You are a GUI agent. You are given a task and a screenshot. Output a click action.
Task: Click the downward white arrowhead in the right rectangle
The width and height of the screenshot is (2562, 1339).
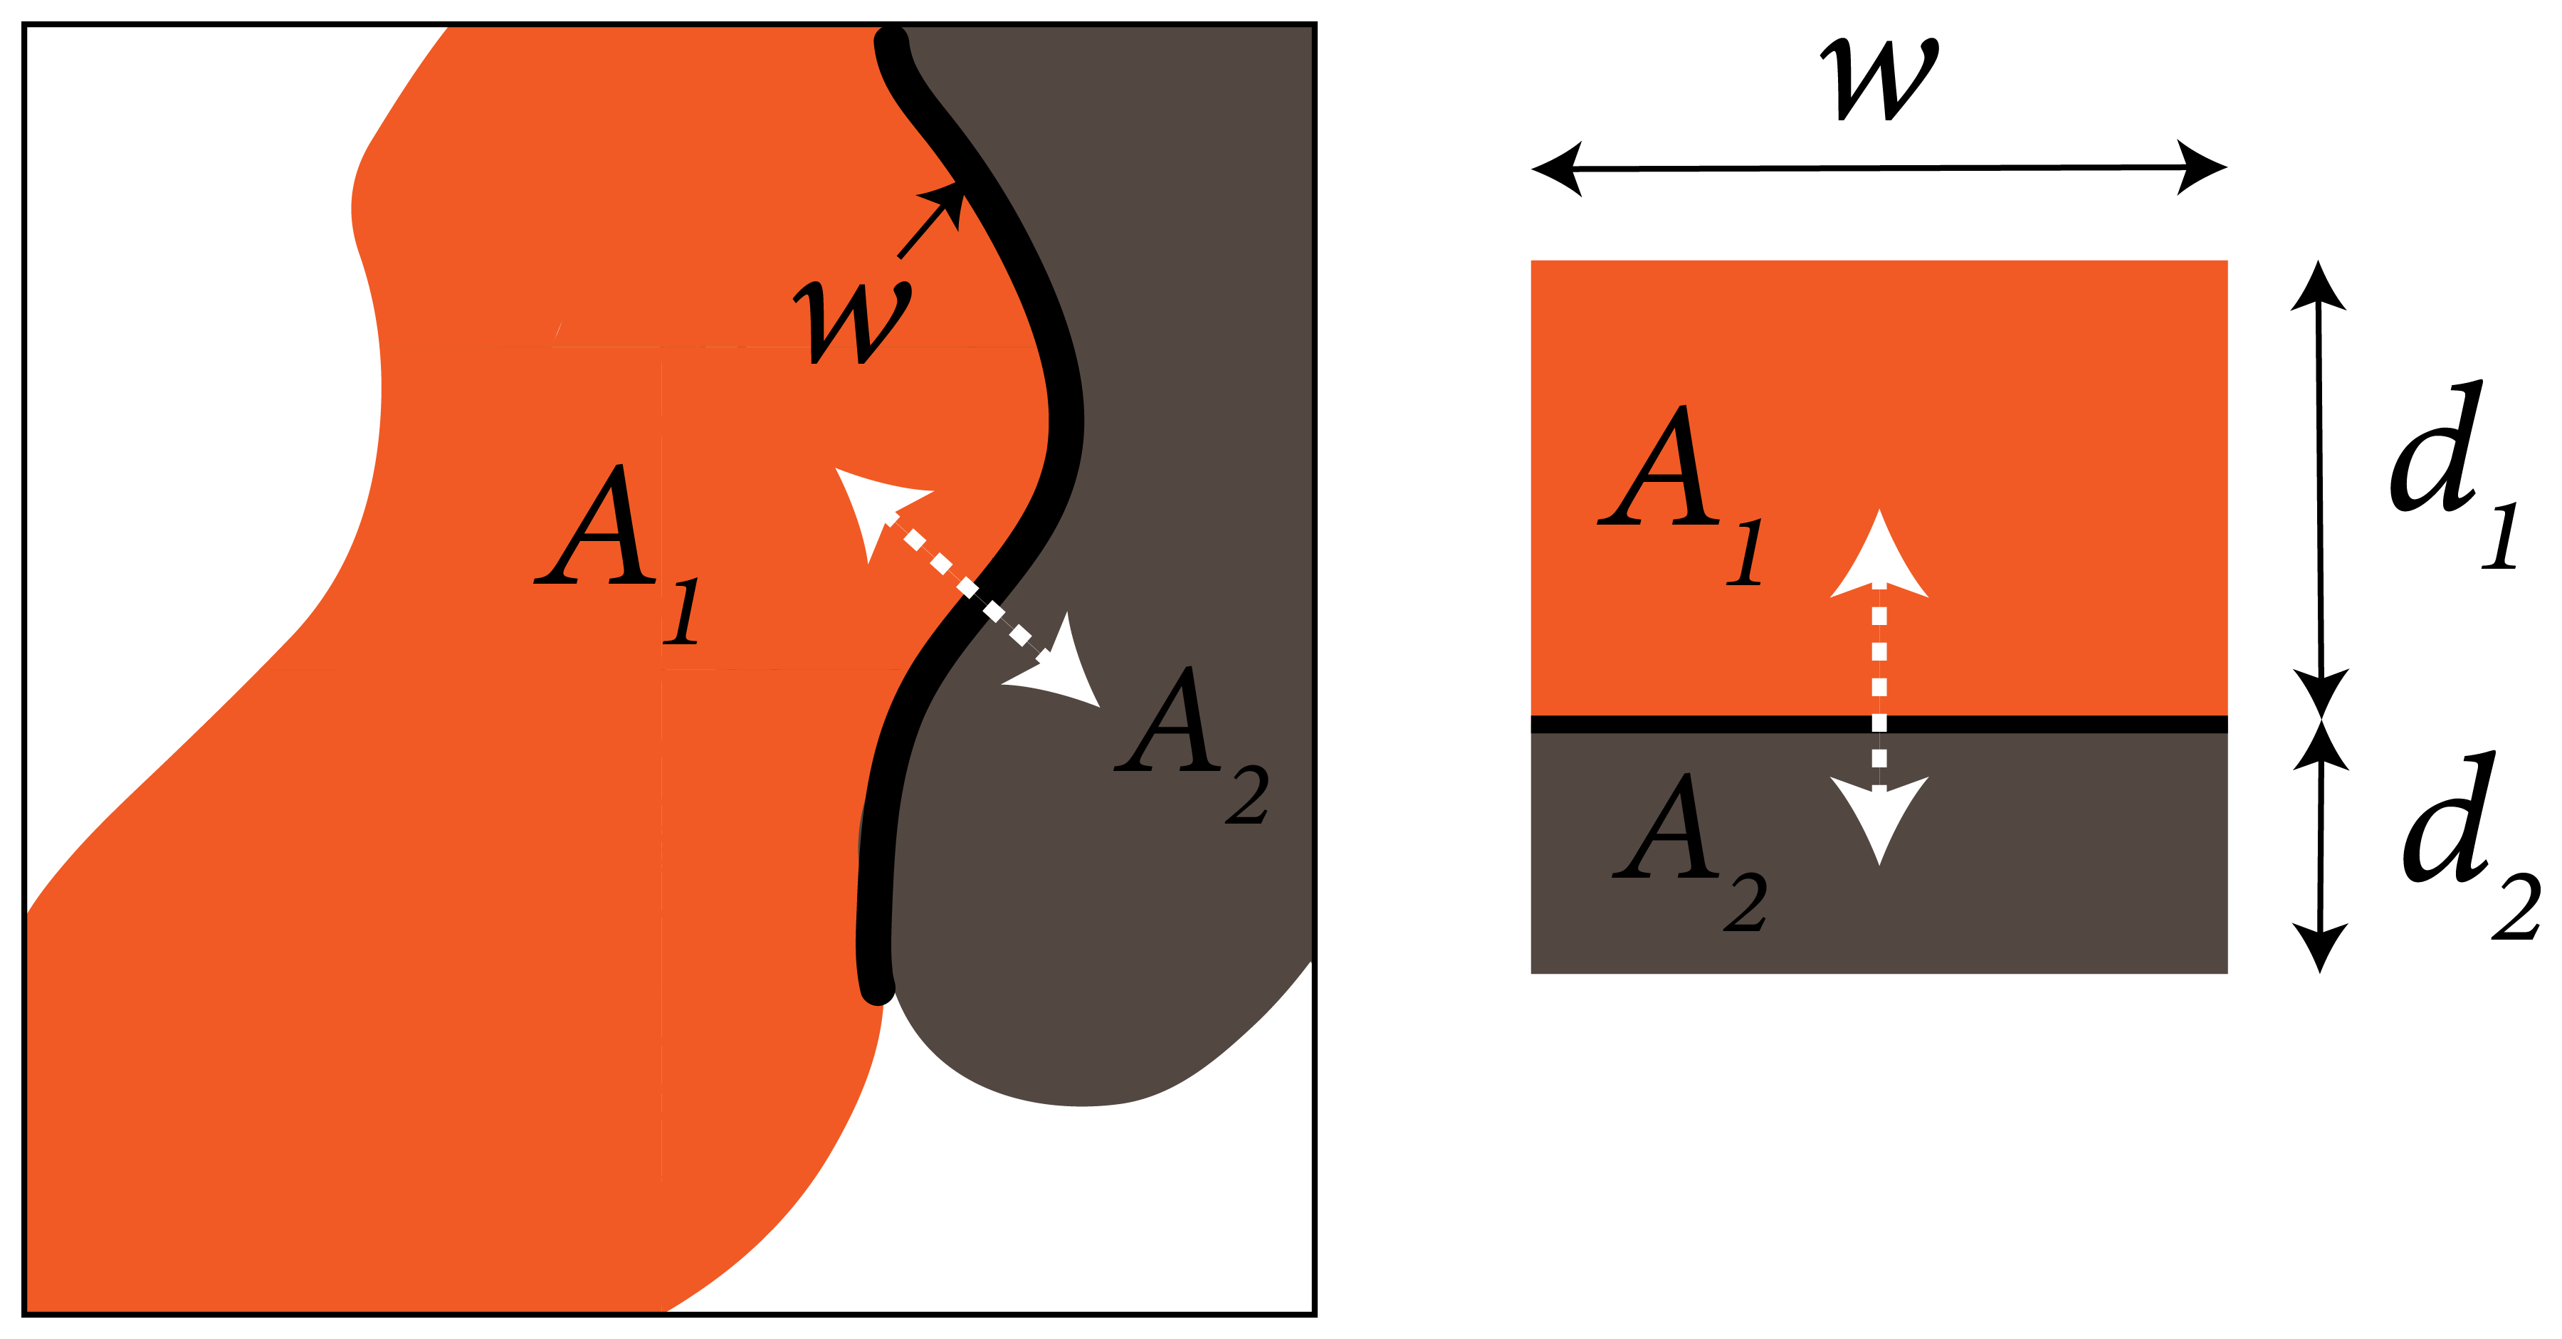pyautogui.click(x=1879, y=816)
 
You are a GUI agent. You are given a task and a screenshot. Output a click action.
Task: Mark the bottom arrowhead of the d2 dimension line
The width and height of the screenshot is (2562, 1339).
pyautogui.click(x=2320, y=945)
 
